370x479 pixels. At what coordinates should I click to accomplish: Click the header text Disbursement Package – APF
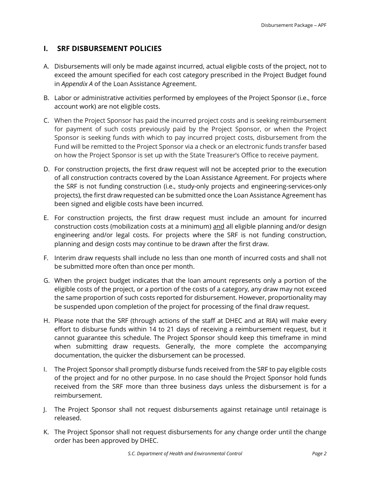point(294,25)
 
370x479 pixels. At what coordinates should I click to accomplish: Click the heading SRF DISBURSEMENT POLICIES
point(109,49)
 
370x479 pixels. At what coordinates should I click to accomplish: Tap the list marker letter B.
point(46,98)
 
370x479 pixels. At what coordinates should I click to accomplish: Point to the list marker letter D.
point(46,169)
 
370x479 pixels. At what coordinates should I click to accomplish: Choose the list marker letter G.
point(46,281)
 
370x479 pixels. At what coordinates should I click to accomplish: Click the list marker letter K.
point(46,432)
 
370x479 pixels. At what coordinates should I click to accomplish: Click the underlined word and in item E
point(218,227)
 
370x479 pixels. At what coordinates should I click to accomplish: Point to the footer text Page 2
point(319,454)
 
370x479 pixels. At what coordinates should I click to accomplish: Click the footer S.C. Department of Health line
point(185,454)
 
